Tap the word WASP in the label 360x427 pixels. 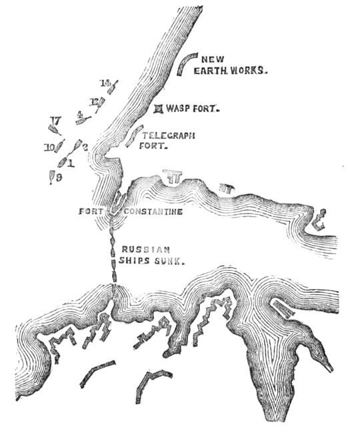pos(180,108)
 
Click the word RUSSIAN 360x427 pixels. pos(141,250)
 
